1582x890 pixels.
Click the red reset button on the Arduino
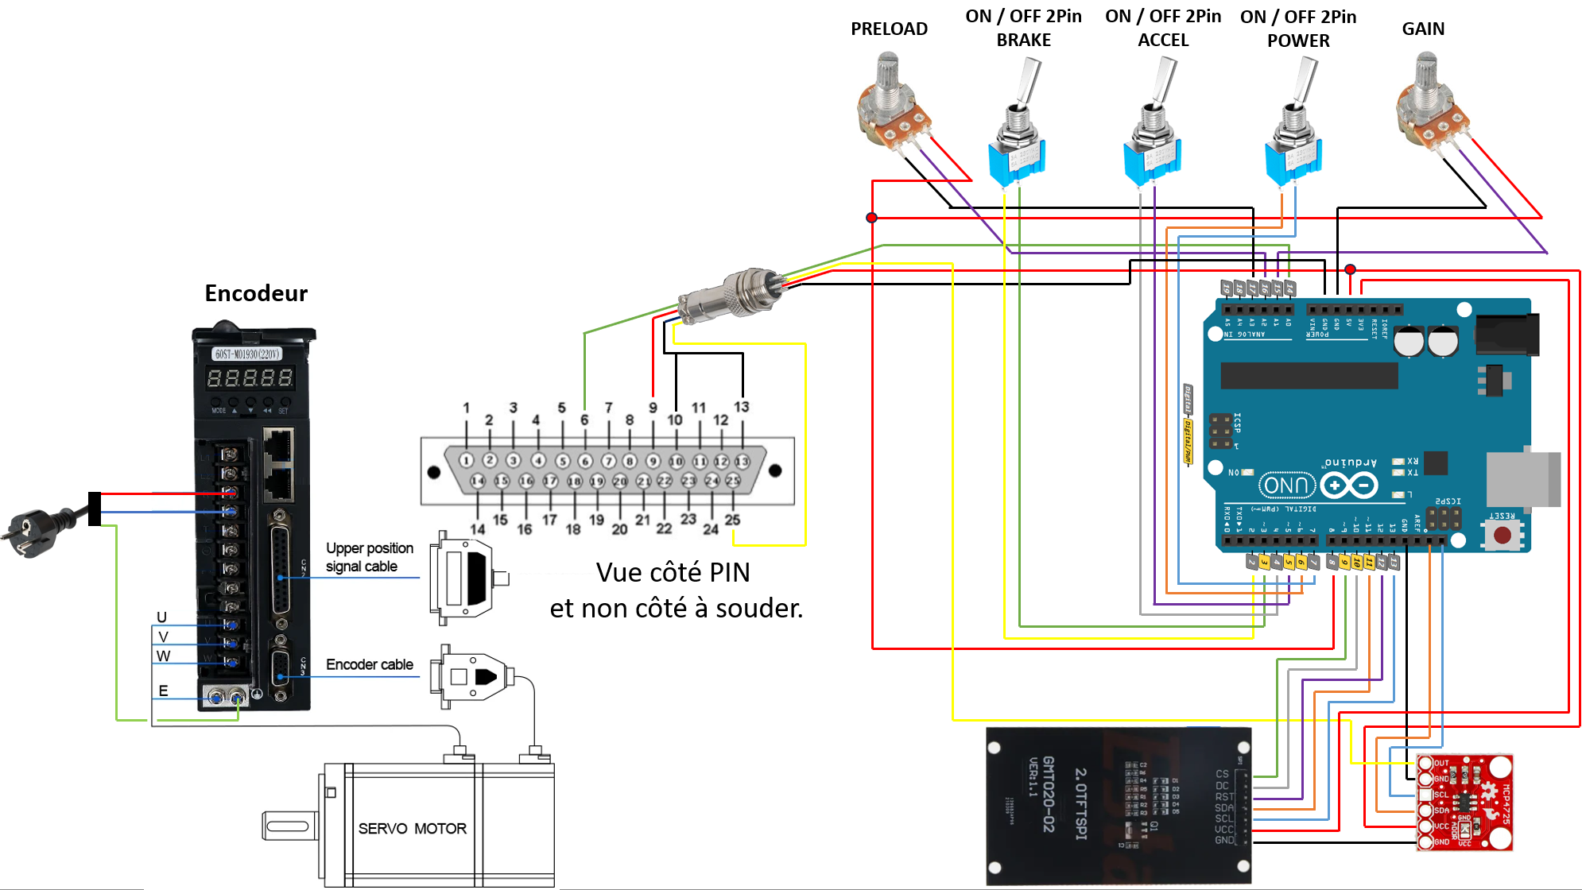[x=1502, y=536]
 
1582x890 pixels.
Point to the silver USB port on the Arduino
[x=1522, y=479]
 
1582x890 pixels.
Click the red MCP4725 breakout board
[x=1464, y=803]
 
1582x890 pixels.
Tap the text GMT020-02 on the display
[x=1049, y=795]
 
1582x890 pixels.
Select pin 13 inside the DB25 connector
[x=742, y=461]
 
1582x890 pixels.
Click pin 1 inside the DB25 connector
[x=467, y=461]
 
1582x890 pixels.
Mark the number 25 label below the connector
[x=732, y=520]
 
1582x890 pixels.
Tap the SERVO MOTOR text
[x=412, y=828]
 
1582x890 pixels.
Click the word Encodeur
[x=256, y=293]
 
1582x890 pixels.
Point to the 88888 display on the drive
[x=250, y=377]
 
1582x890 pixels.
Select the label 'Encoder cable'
[x=370, y=664]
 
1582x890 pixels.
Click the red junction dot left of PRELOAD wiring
[x=872, y=218]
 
